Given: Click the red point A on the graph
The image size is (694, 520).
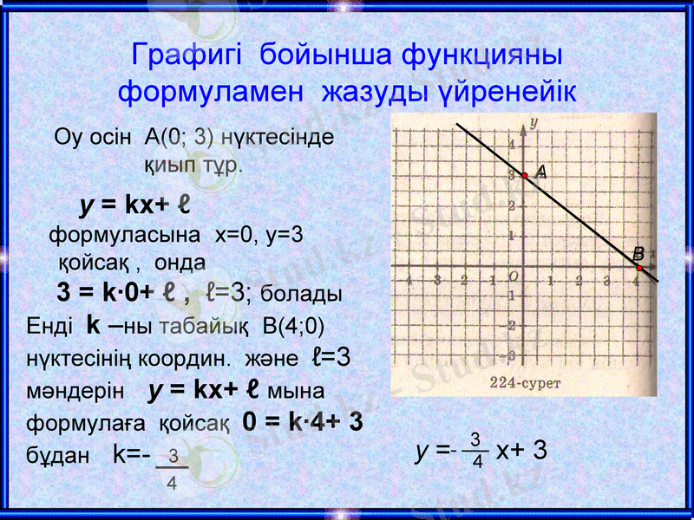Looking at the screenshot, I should pyautogui.click(x=525, y=175).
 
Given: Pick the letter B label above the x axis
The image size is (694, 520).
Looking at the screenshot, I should pyautogui.click(x=638, y=254).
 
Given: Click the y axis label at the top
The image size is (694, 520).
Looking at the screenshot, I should pyautogui.click(x=534, y=122).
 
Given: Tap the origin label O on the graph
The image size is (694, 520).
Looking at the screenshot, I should pyautogui.click(x=514, y=276).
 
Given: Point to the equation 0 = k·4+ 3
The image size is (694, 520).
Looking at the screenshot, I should pyautogui.click(x=303, y=422).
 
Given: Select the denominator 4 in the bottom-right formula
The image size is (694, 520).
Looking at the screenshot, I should pyautogui.click(x=477, y=461).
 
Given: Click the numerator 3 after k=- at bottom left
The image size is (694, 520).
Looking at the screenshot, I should pyautogui.click(x=173, y=454).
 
